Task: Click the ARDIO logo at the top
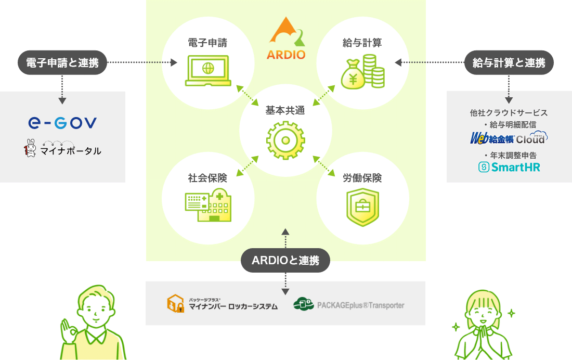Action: [x=285, y=38]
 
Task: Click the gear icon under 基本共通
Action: [x=285, y=139]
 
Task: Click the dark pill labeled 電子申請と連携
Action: [x=62, y=63]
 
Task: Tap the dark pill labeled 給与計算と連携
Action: [x=509, y=63]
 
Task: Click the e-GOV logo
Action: [x=62, y=123]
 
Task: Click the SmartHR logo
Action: [x=509, y=168]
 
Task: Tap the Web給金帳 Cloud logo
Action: [x=509, y=138]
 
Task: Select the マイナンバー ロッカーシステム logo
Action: [x=222, y=304]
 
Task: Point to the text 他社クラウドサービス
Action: [x=509, y=112]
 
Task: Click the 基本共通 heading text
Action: [x=285, y=110]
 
